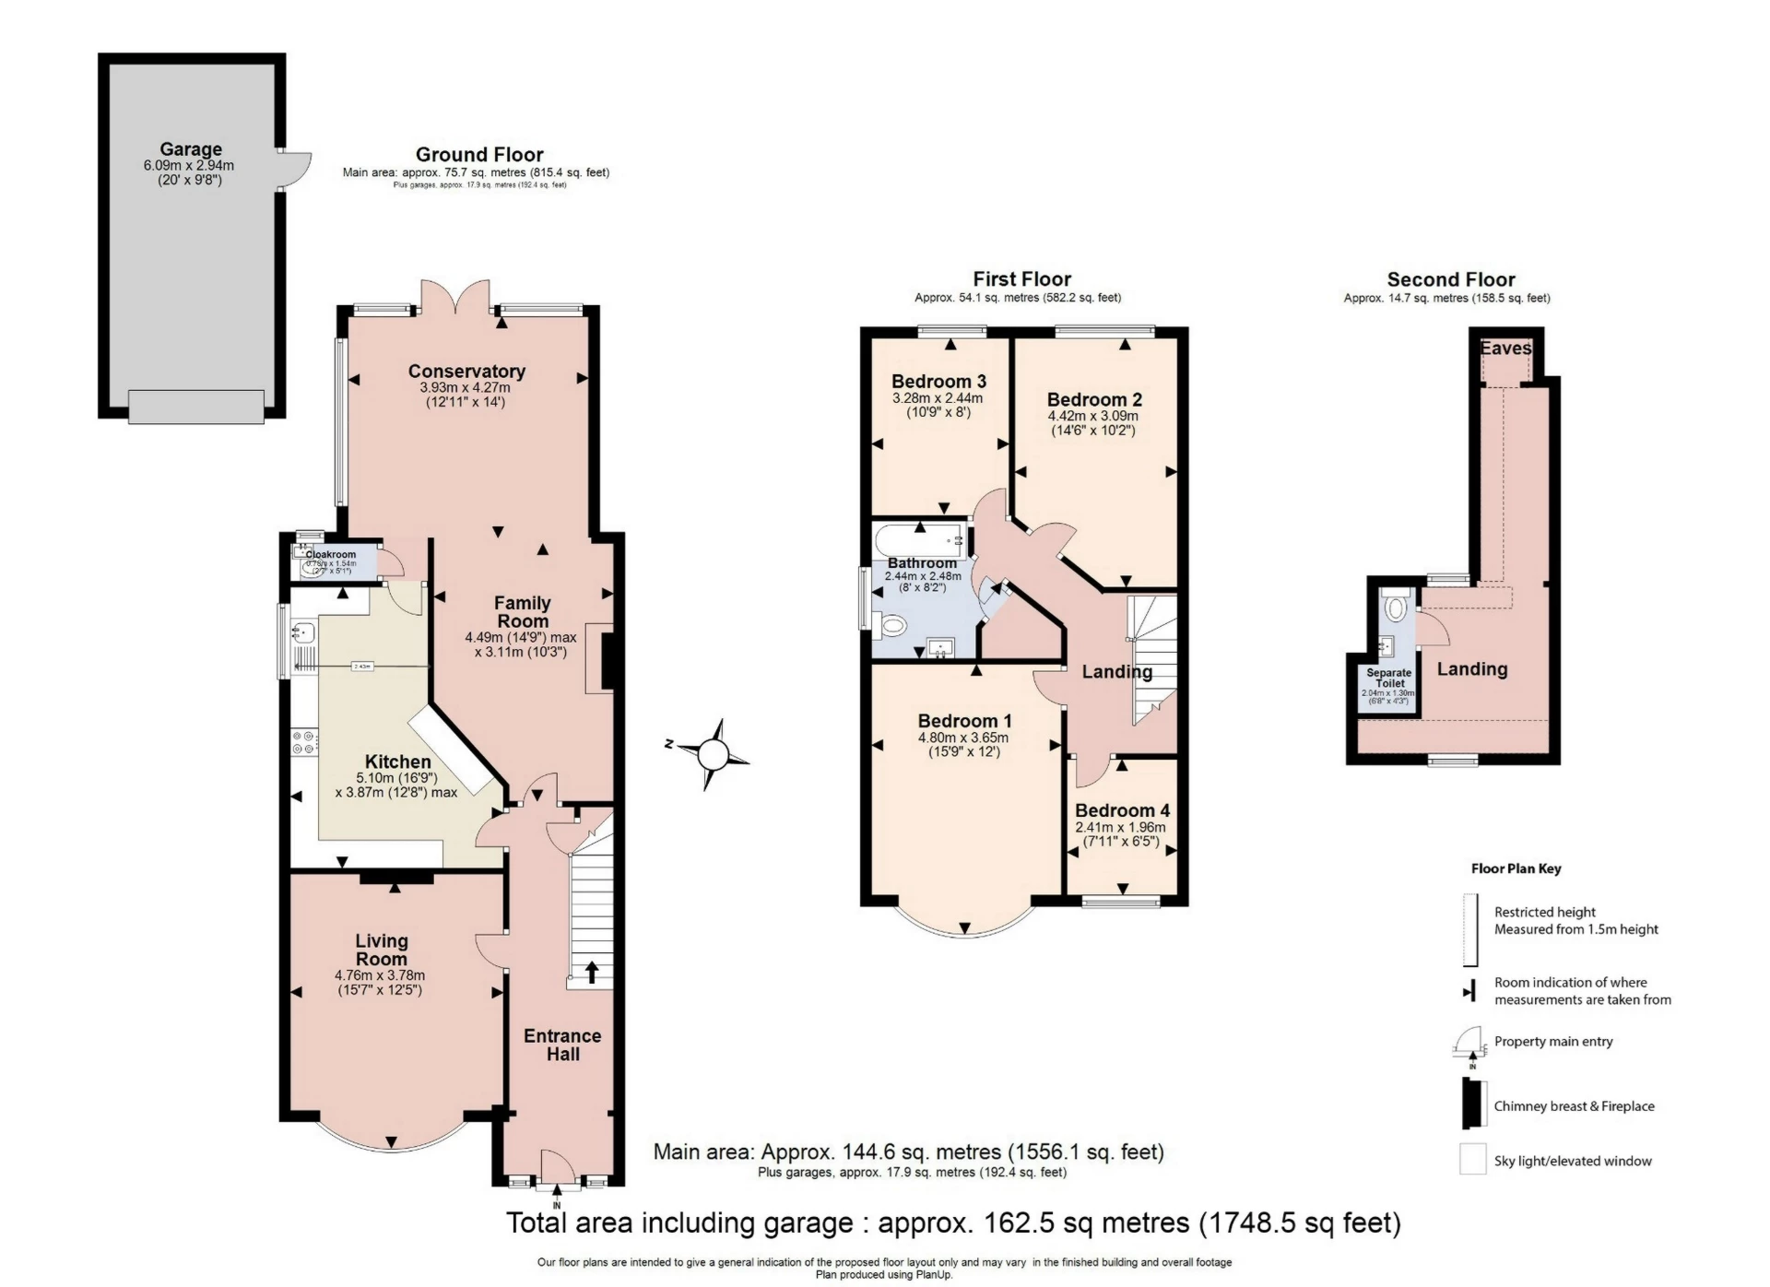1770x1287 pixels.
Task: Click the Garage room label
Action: click(x=191, y=149)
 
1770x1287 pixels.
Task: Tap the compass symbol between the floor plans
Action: click(x=712, y=755)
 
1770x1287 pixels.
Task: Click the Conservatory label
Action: click(x=466, y=371)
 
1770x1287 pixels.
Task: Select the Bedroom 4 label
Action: click(x=1122, y=809)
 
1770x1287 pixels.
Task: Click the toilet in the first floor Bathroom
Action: click(x=891, y=628)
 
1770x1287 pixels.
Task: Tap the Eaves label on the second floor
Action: click(x=1505, y=348)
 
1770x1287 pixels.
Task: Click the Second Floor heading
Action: click(x=1450, y=279)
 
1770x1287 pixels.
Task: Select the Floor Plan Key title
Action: click(x=1516, y=868)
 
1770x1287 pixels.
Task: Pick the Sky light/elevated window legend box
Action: click(x=1472, y=1159)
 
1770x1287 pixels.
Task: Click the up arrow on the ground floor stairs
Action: click(x=591, y=972)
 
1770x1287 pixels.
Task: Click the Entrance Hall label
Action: click(x=562, y=1045)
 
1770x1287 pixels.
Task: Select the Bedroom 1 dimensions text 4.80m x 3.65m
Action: click(x=963, y=738)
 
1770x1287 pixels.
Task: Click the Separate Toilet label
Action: click(x=1388, y=678)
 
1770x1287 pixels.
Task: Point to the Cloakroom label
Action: click(x=330, y=554)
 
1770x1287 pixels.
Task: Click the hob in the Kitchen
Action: click(x=303, y=742)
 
